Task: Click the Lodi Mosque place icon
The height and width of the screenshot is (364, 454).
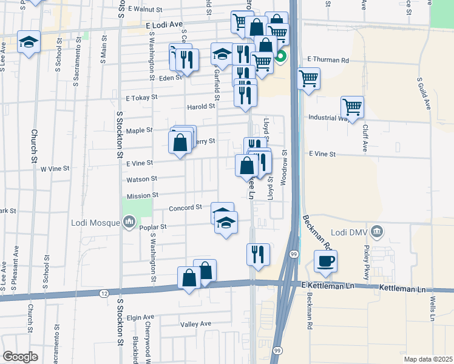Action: [x=128, y=223]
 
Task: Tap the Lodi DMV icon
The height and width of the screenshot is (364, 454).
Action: [x=377, y=231]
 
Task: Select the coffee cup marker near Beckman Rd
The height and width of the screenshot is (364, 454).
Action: [x=326, y=261]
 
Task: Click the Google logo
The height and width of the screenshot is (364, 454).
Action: [x=20, y=356]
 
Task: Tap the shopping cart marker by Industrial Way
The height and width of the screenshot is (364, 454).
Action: [x=352, y=107]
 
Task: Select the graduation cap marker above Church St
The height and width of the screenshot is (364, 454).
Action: [x=29, y=42]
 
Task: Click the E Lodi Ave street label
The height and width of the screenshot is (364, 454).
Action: [x=164, y=24]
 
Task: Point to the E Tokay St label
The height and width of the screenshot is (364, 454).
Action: [x=141, y=97]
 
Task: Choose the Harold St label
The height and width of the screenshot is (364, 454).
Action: [x=201, y=106]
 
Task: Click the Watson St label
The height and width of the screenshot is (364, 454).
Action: [x=141, y=179]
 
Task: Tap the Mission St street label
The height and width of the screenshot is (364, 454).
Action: [x=143, y=196]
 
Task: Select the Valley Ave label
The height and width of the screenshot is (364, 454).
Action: [x=195, y=324]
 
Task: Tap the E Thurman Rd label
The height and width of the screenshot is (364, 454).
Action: [x=328, y=60]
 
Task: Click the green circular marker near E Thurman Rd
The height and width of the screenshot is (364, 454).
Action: [x=280, y=58]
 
